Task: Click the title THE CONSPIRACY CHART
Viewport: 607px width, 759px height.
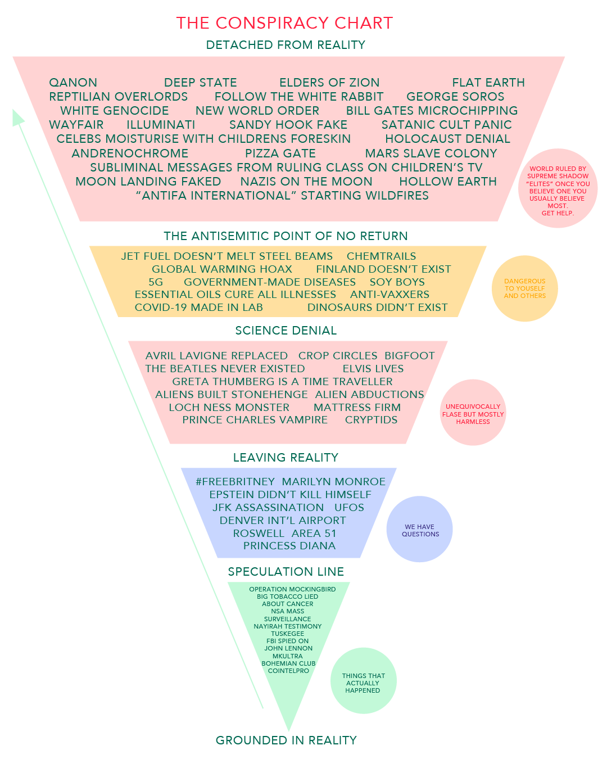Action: coord(284,23)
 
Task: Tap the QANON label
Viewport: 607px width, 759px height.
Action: coord(73,83)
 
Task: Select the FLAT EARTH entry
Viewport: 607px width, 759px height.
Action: coord(488,83)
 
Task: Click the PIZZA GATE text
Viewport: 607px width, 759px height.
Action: coord(280,153)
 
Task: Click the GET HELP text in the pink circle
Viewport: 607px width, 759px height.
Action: coord(558,213)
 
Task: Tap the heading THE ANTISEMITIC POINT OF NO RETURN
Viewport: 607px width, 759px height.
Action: coord(286,236)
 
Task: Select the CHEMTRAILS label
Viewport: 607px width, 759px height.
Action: coord(381,256)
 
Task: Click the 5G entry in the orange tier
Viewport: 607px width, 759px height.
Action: coord(156,282)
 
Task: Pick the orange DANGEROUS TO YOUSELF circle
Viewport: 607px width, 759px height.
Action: coord(524,288)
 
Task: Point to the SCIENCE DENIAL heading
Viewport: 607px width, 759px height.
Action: coord(286,331)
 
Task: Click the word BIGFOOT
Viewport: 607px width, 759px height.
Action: coord(410,355)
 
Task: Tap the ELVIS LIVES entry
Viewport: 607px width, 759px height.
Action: coord(373,369)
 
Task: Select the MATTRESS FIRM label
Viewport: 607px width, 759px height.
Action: coord(357,408)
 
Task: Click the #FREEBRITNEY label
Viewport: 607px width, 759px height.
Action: coord(235,481)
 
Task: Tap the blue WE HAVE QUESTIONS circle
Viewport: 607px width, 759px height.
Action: coord(419,528)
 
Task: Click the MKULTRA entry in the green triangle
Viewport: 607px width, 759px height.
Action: coord(287,656)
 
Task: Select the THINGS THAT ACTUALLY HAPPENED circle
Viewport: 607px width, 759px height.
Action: coord(363,680)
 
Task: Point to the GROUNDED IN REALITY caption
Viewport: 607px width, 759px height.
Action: coord(286,740)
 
